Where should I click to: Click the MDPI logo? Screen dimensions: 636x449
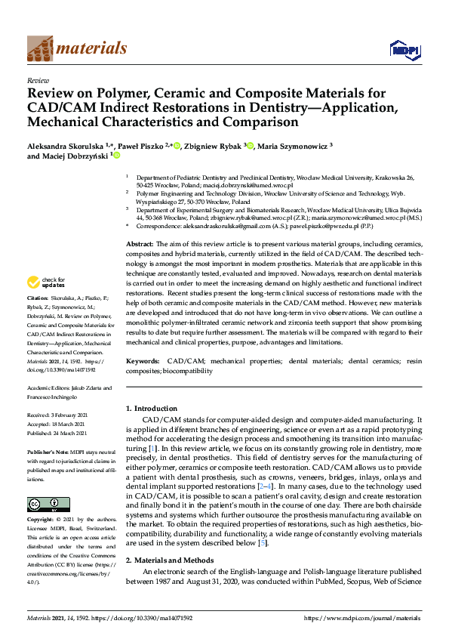(404, 50)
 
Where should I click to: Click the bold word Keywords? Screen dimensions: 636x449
(143, 362)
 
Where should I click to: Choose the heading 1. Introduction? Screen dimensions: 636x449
(151, 408)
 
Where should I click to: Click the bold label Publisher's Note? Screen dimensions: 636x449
(49, 450)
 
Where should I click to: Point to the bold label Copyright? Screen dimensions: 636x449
(43, 520)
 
